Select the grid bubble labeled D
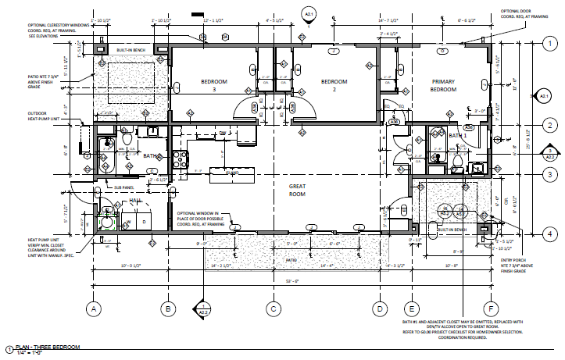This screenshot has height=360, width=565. click(x=378, y=309)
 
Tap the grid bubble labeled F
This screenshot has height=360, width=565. click(x=490, y=309)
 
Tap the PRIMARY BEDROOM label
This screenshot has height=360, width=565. click(x=444, y=85)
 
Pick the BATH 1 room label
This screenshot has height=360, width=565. click(x=456, y=135)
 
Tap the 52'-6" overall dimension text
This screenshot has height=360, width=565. click(x=291, y=281)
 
